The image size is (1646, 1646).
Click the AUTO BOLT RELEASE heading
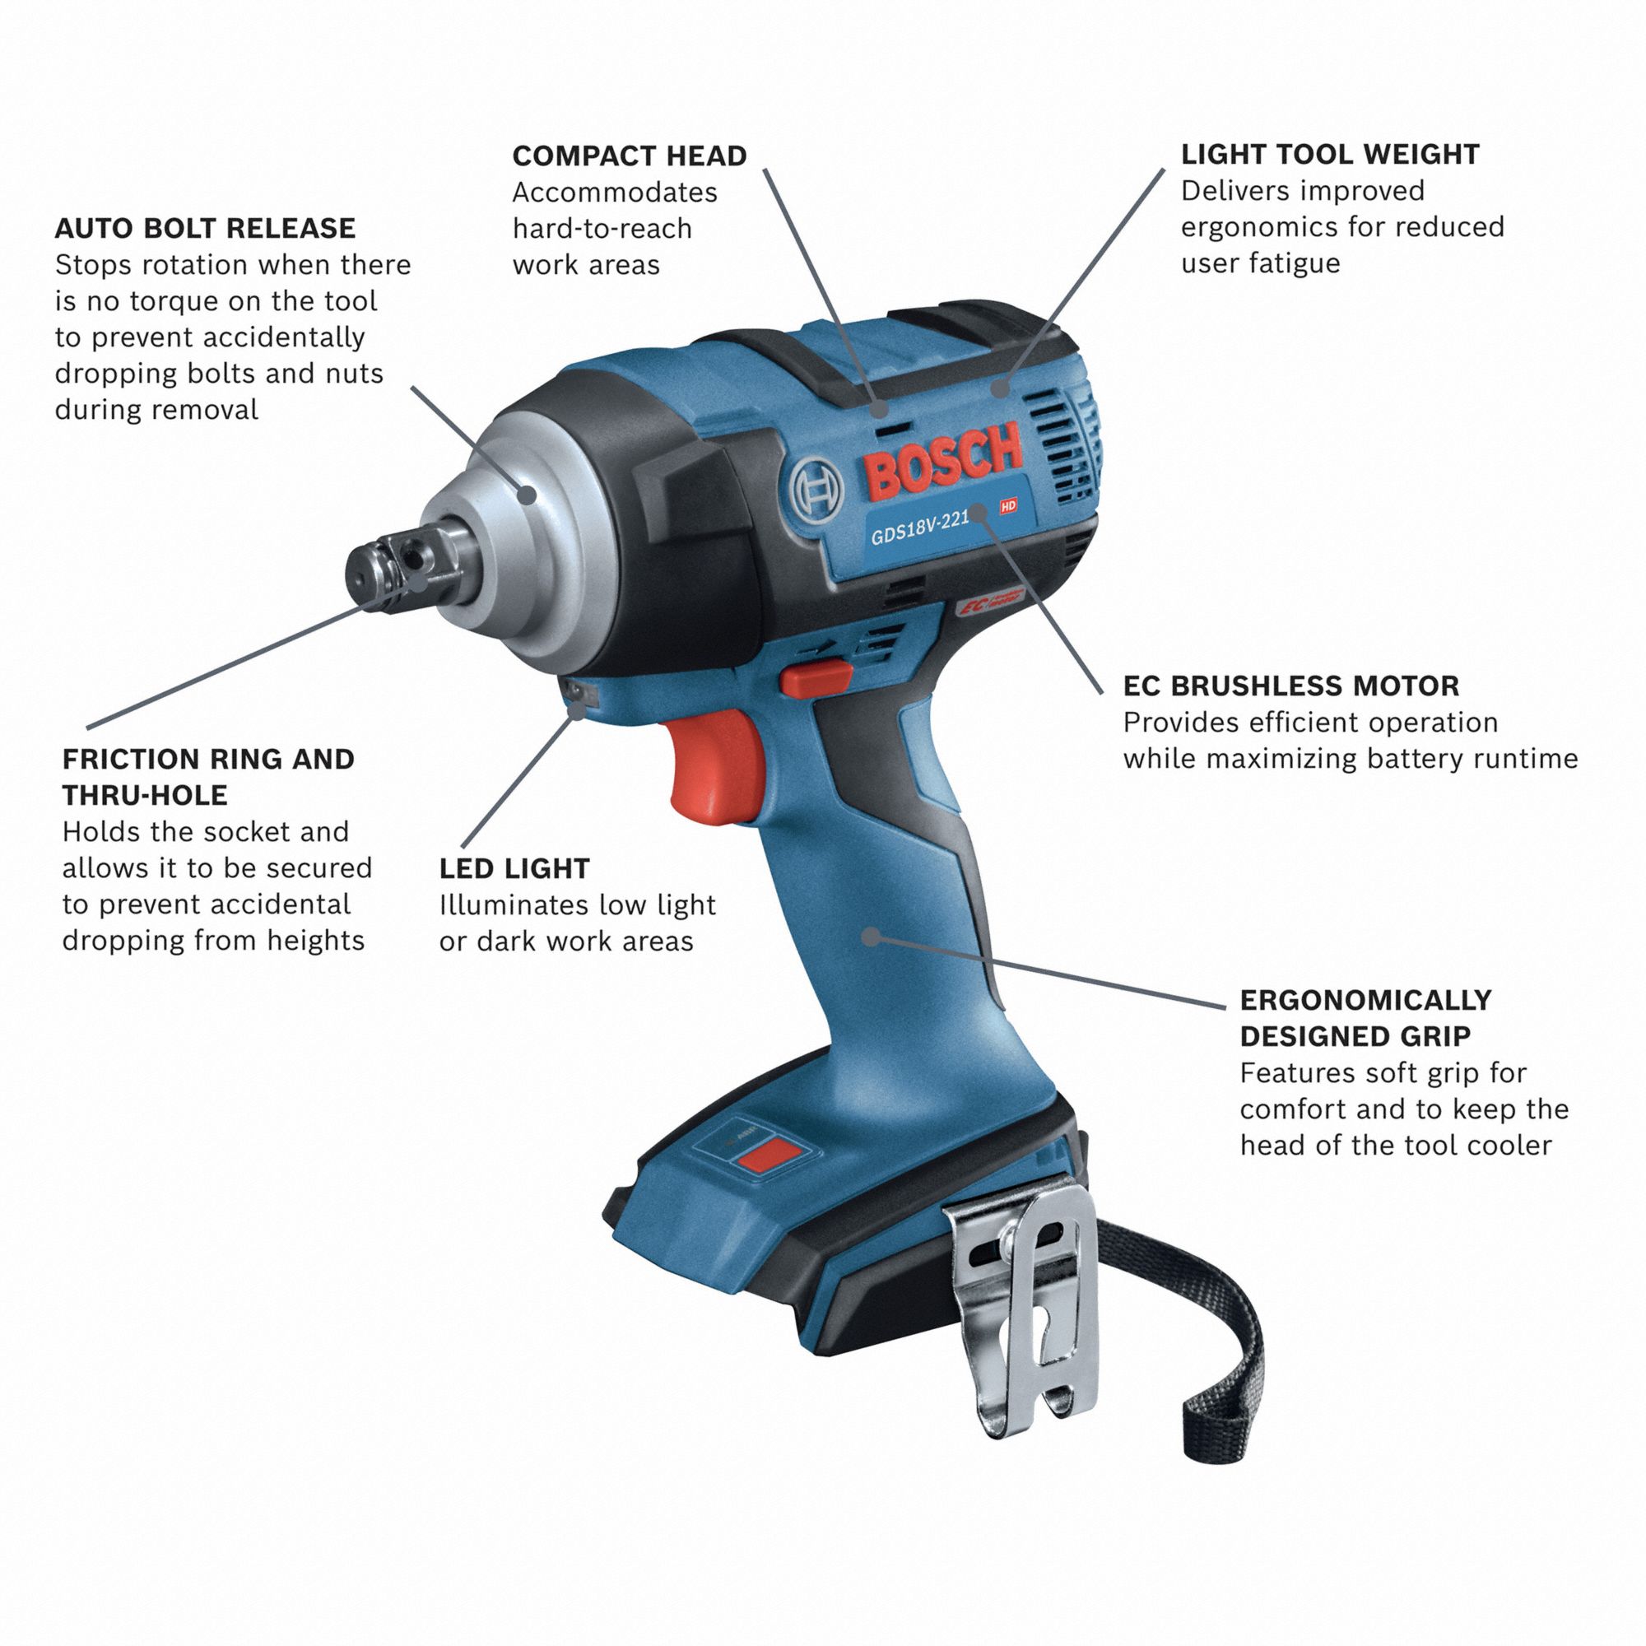[204, 228]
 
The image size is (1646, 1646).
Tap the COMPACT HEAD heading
[629, 156]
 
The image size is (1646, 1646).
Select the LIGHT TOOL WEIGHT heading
[1330, 154]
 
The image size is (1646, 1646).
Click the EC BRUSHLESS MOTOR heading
[1290, 686]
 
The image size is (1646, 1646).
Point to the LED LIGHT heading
[514, 869]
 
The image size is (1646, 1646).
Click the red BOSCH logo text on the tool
[942, 460]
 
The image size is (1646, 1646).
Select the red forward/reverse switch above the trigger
[816, 677]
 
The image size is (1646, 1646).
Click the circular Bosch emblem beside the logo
[816, 492]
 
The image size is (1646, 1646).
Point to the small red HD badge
[1008, 505]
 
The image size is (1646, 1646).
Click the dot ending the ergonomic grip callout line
[870, 937]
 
